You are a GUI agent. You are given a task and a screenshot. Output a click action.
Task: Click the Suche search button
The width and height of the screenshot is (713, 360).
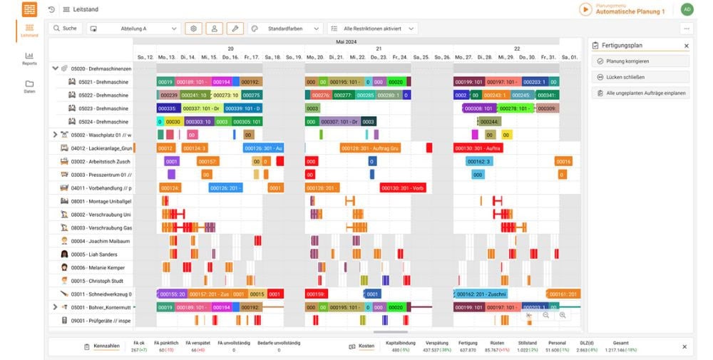coord(65,29)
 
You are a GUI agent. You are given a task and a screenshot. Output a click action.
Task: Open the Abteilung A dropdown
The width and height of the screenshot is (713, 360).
coord(133,29)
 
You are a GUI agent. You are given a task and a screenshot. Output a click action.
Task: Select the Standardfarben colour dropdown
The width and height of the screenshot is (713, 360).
coord(284,29)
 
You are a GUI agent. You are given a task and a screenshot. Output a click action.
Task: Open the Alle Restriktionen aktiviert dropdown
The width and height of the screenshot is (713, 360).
coord(371,29)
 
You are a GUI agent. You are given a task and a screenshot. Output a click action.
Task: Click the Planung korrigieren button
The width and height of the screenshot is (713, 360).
coord(640,61)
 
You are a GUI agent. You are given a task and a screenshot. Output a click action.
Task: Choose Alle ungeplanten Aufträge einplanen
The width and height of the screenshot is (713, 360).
coord(640,93)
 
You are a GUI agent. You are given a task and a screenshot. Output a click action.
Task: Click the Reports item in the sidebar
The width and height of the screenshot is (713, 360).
coord(29,58)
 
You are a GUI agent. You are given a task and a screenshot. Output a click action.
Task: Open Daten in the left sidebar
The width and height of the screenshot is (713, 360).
coord(29,86)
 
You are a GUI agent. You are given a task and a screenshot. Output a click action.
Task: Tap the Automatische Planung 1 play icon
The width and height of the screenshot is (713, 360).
coord(585,9)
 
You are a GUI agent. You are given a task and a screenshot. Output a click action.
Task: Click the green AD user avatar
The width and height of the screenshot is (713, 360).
coord(687,9)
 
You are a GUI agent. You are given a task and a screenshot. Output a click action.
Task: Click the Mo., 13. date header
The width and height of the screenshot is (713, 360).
coord(167,57)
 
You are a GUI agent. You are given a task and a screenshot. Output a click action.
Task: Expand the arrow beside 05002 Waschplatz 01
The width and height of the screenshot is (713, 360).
coord(56,135)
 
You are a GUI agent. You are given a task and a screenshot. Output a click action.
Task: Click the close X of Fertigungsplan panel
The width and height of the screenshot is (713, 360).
coord(687,46)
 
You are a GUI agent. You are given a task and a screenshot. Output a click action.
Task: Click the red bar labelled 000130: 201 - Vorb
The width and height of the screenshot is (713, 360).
coord(403,188)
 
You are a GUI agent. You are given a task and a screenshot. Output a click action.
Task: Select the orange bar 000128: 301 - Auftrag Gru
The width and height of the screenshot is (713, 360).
coord(369,148)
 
